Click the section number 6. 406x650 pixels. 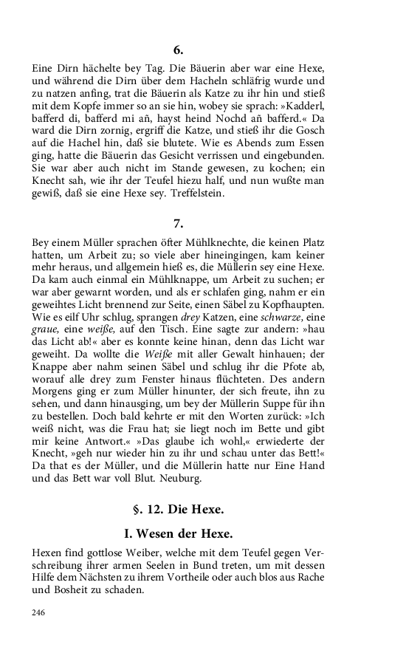click(x=177, y=51)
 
